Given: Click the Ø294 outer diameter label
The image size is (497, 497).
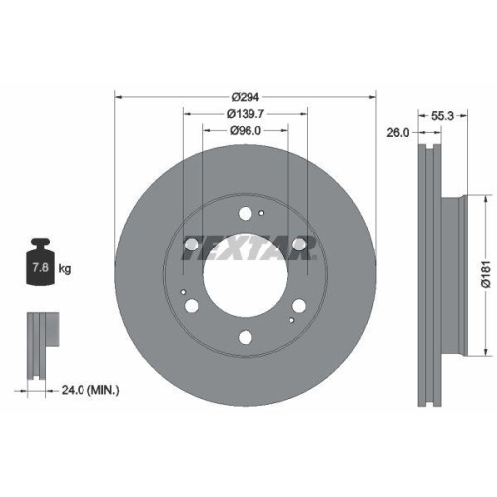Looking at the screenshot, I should click(246, 96).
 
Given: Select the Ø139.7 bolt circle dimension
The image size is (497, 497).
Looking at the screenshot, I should click(246, 113).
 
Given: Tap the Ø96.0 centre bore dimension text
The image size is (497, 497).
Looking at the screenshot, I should click(246, 130).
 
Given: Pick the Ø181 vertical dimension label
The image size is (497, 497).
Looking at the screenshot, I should click(486, 268).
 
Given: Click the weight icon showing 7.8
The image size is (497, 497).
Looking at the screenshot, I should click(40, 262).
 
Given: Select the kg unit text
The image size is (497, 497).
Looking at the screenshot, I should click(66, 269).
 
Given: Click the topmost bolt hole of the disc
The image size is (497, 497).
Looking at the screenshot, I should click(246, 211).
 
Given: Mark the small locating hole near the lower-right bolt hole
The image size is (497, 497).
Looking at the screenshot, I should click(289, 320).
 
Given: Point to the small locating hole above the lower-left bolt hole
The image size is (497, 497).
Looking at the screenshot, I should click(185, 290).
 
